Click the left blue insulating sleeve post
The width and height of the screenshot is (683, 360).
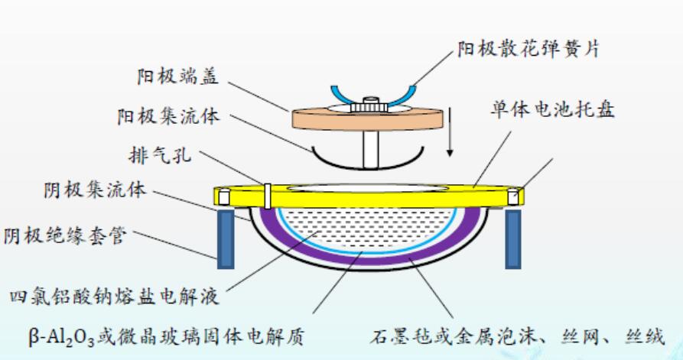226,238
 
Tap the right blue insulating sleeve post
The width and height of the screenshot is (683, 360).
512,238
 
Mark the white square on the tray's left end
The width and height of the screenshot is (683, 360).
223,197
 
